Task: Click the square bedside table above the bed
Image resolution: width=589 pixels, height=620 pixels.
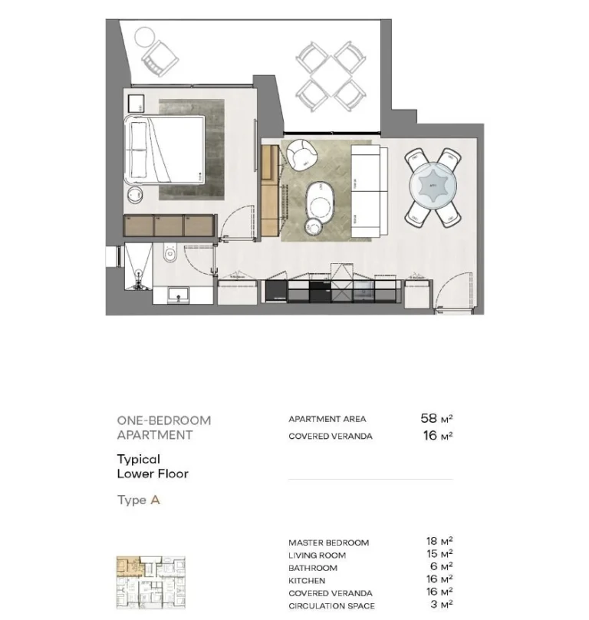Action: pos(137,104)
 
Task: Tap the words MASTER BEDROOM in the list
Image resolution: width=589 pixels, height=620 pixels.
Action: pos(328,542)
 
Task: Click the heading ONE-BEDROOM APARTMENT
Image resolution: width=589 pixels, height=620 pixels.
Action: pos(163,427)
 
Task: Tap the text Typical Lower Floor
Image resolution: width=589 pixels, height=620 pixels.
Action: pos(152,467)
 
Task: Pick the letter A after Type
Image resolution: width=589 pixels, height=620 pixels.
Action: pos(155,500)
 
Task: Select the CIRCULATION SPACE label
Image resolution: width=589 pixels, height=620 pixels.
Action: pos(331,606)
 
